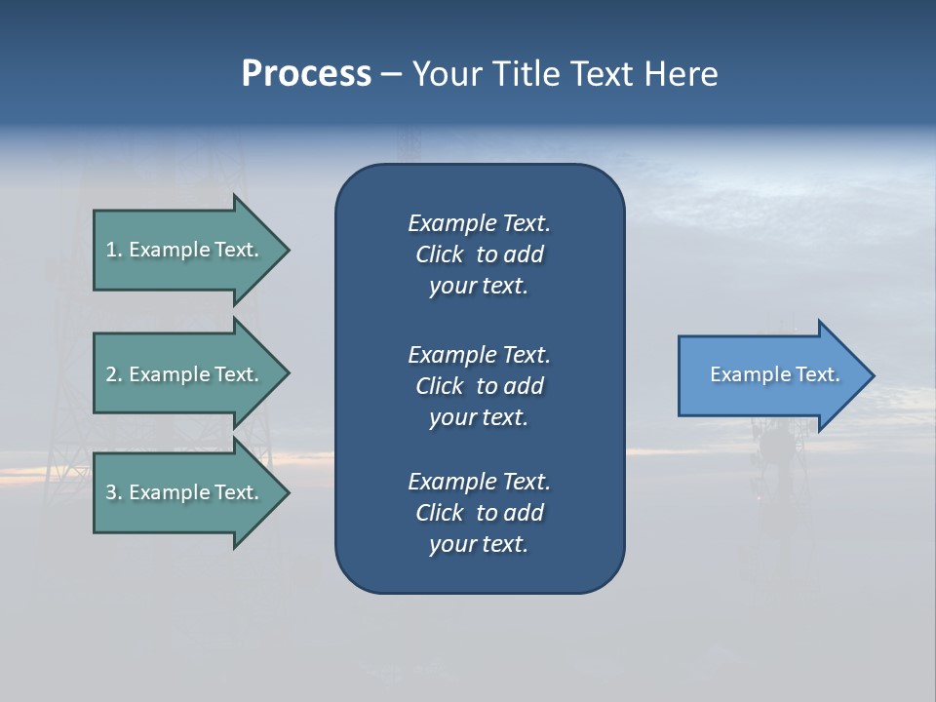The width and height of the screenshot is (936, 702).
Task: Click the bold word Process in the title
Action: [x=306, y=74]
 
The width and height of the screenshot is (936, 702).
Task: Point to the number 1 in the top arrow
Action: [x=111, y=250]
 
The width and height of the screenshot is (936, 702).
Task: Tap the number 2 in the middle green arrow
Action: [x=111, y=374]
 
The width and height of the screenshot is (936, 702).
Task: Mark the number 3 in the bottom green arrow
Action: [x=111, y=492]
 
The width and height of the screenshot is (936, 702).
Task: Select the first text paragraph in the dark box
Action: [x=479, y=254]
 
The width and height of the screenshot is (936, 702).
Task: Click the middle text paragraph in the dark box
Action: [x=479, y=386]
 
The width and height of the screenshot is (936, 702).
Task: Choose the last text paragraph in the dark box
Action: [x=479, y=513]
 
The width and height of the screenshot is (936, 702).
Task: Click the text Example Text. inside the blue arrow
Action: [x=775, y=374]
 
